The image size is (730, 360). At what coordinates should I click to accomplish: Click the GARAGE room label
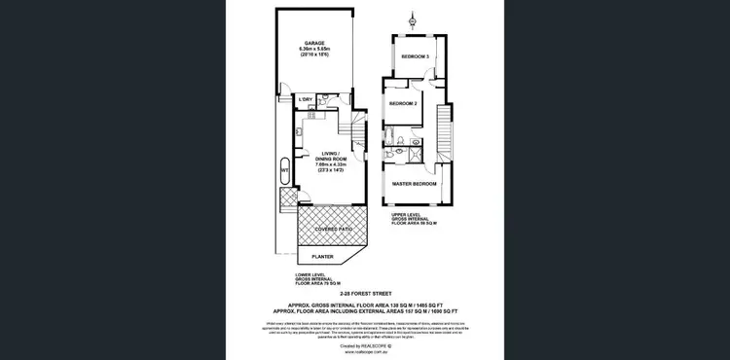tap(314, 42)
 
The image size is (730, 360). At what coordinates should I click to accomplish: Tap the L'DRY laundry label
tap(307, 100)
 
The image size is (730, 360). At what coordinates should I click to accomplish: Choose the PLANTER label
tap(321, 257)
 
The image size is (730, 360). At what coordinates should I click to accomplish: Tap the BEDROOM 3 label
tap(416, 55)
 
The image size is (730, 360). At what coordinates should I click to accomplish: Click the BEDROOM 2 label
tap(404, 103)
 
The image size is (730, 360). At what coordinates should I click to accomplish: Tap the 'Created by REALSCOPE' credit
tap(364, 344)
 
